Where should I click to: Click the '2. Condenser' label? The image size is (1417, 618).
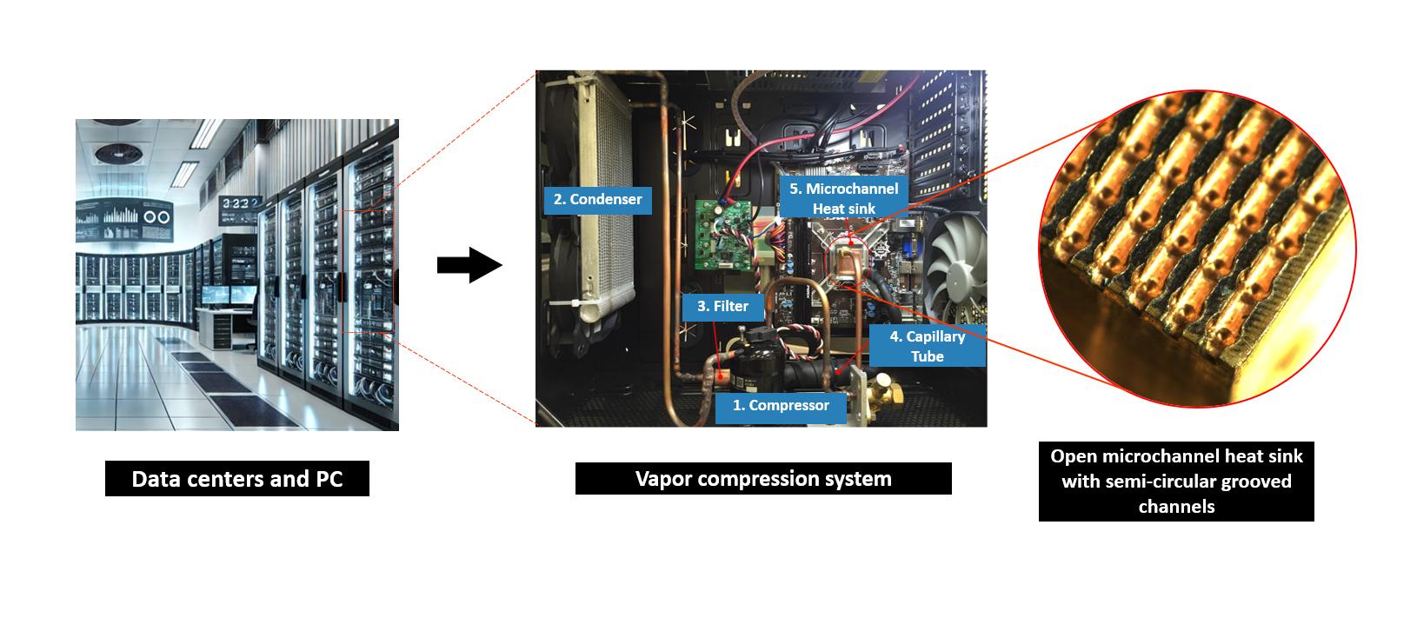597,200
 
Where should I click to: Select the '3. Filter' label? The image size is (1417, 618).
722,307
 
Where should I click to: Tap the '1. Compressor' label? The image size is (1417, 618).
781,406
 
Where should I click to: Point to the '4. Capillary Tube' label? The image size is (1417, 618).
927,346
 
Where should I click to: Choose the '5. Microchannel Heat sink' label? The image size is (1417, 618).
843,198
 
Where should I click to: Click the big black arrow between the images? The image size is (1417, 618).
469,265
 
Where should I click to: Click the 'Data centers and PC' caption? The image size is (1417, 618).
237,479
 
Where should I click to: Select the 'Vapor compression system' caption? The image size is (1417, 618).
763,479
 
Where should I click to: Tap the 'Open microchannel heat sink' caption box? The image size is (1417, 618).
1176,481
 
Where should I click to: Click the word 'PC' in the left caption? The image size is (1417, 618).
329,479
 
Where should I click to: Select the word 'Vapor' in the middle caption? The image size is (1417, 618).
663,479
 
